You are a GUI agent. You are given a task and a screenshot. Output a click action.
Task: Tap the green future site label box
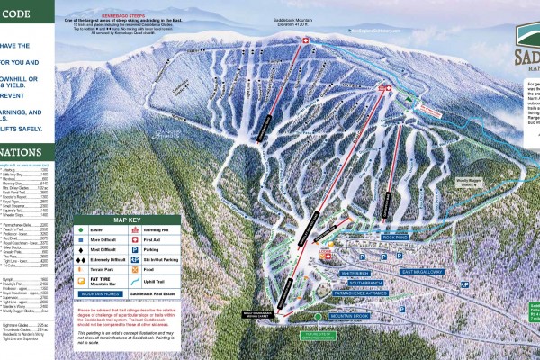point(319,337)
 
